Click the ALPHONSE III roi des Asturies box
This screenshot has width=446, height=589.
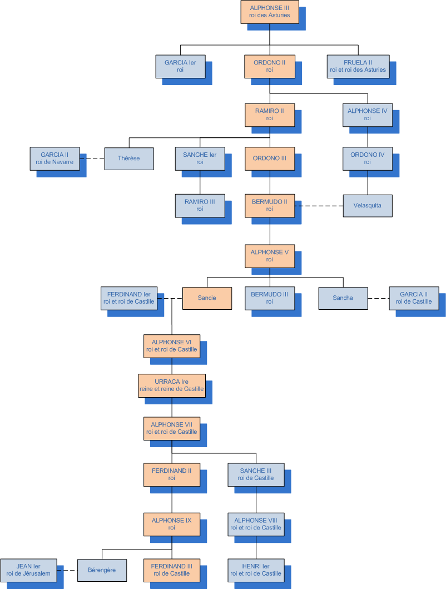[270, 12]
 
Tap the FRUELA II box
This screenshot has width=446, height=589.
[358, 66]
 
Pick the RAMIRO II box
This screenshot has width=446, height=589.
[270, 115]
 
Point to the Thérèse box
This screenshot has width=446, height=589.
[129, 159]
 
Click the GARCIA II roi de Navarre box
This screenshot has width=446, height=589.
[54, 159]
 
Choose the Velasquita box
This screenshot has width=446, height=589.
[368, 205]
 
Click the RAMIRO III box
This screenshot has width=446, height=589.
[200, 205]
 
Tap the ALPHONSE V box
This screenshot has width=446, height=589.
[270, 256]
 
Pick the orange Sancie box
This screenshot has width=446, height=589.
[207, 298]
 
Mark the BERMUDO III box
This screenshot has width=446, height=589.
[270, 298]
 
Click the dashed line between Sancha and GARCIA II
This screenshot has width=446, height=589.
[378, 298]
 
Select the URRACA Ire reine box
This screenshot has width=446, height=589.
[172, 385]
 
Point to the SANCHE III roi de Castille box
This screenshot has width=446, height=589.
[256, 474]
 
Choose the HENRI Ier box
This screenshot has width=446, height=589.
[256, 570]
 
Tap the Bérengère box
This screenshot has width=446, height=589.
[102, 570]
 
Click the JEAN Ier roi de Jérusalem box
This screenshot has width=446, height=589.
[28, 570]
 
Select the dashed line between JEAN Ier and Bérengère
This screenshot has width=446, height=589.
[67, 570]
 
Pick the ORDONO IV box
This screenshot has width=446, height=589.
[368, 159]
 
